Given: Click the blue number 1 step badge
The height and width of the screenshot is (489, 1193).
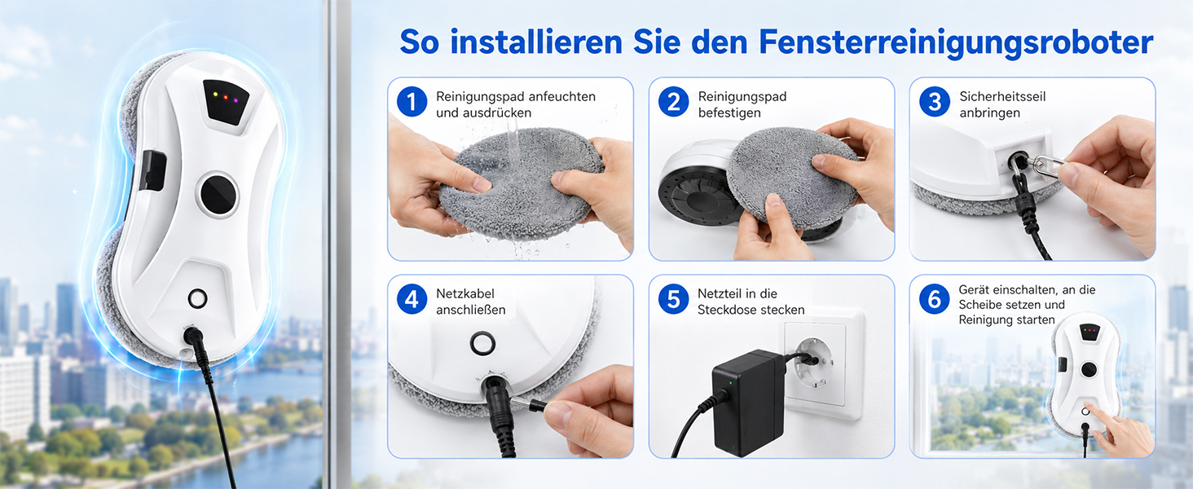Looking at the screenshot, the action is pos(412,102).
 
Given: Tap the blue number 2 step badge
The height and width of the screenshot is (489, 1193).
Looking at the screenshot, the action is pos(673,102).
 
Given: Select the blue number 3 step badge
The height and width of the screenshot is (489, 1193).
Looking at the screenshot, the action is pos(935,102).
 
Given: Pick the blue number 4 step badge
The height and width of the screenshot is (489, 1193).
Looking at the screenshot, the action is pos(412,299).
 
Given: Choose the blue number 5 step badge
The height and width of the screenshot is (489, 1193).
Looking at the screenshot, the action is pos(673,299).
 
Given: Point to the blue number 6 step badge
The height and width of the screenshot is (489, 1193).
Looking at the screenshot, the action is pos(935,299).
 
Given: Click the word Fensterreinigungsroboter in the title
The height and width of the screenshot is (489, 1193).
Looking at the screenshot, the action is pos(956,42).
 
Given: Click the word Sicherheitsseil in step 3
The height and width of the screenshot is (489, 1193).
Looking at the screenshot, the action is pos(1002,96).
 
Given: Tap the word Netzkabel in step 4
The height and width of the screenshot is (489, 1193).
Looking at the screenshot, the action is pos(465,293).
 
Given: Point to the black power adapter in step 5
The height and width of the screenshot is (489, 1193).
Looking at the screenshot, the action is pos(746,402).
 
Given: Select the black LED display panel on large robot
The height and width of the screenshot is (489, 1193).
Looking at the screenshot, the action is pos(226,101).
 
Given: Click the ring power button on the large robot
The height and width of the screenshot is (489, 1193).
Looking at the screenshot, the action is pos(197,298).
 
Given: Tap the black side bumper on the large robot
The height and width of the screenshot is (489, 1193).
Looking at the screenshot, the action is pos(153,171).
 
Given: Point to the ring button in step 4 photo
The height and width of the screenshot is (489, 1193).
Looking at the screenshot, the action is pos(482,343).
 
